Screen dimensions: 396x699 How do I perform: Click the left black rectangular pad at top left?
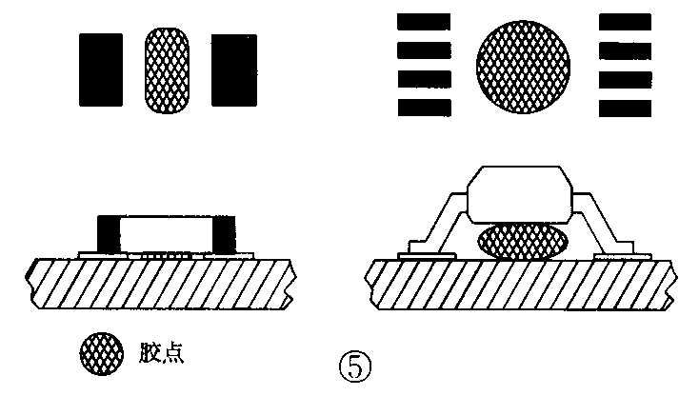click(x=100, y=69)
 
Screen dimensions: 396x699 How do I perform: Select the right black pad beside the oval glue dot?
click(x=233, y=69)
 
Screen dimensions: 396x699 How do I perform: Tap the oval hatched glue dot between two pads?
click(x=166, y=68)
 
